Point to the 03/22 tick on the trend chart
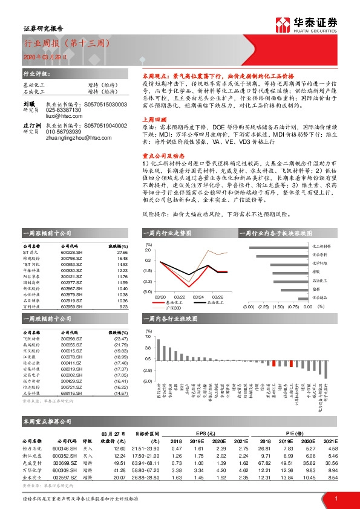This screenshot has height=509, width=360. pyautogui.click(x=180, y=297)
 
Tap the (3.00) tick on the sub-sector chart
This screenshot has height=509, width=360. pyautogui.click(x=248, y=306)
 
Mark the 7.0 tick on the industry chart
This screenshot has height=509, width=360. pyautogui.click(x=148, y=337)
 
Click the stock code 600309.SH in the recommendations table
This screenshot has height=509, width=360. pyautogui.click(x=72, y=469)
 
